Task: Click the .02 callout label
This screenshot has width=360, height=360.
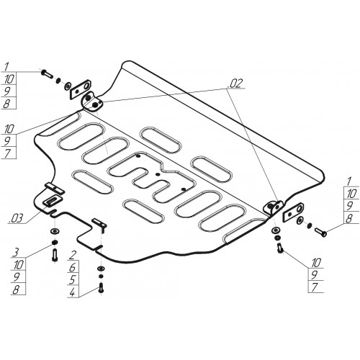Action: click(236, 83)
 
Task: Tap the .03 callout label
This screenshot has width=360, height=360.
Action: click(16, 218)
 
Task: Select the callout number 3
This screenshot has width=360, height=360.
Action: click(16, 253)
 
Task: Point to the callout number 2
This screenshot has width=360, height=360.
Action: click(73, 255)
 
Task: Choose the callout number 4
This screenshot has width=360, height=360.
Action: click(73, 292)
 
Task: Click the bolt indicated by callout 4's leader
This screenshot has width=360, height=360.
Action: click(101, 287)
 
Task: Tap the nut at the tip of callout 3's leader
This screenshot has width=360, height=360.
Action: click(55, 242)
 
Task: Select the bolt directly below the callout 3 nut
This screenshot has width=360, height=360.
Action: click(55, 255)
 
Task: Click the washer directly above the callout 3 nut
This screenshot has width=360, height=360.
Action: click(55, 232)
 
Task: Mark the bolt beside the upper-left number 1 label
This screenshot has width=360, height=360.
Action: click(48, 73)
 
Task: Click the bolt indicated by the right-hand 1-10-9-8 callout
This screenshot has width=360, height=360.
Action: click(320, 232)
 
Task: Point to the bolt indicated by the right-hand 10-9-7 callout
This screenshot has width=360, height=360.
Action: click(280, 248)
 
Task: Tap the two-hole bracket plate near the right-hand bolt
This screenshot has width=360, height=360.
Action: click(293, 212)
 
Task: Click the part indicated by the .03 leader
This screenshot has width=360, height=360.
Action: click(52, 199)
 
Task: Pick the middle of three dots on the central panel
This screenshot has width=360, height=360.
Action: click(158, 174)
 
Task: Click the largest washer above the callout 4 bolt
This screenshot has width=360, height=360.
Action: click(101, 268)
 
